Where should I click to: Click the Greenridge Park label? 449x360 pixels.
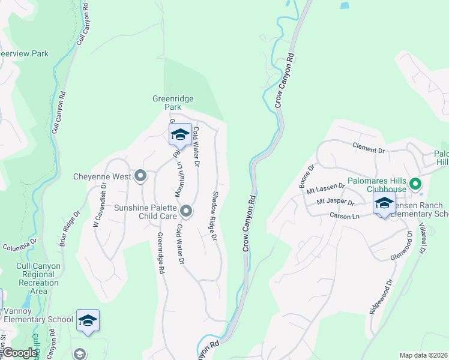tap(173, 103)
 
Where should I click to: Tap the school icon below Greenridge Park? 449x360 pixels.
tap(179, 135)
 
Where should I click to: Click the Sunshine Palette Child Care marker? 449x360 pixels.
tap(186, 211)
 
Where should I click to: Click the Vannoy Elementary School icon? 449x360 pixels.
tap(88, 321)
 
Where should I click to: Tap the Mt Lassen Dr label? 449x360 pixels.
tap(325, 188)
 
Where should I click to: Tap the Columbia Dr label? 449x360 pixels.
tap(19, 246)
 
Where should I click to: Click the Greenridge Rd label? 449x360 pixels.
tap(161, 254)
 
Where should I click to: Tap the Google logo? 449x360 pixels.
tap(20, 353)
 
